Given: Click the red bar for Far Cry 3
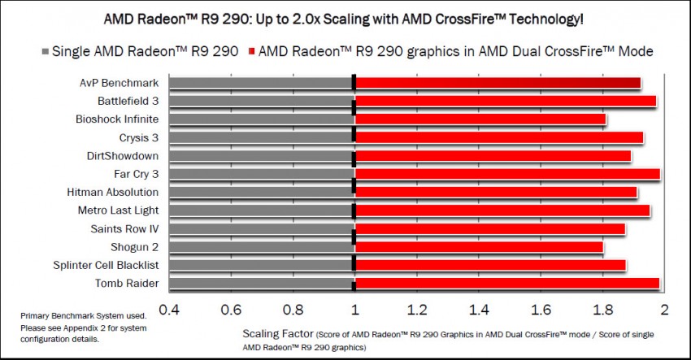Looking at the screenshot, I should tap(507, 174).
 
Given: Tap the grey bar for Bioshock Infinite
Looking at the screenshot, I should tap(261, 119).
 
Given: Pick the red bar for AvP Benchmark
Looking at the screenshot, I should tap(498, 82).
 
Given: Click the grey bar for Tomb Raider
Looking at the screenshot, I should tap(261, 283).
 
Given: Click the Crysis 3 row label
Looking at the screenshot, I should tap(139, 137).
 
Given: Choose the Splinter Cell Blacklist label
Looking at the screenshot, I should tap(113, 265).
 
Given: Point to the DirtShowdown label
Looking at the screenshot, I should tap(123, 155).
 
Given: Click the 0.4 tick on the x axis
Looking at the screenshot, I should tap(168, 309).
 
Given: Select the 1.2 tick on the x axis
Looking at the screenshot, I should tap(417, 309).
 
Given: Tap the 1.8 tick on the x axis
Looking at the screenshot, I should tap(602, 309).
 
